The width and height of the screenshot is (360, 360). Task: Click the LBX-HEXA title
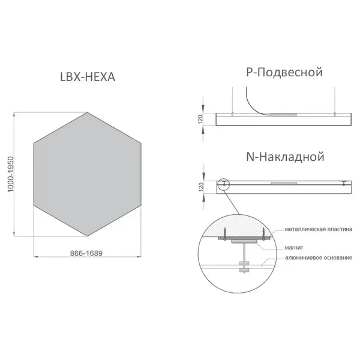88,77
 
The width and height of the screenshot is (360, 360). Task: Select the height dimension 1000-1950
11,174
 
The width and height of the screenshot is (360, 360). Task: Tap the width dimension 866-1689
86,253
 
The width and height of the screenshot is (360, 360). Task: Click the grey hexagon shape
88,174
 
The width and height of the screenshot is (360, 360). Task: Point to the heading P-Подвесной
284,73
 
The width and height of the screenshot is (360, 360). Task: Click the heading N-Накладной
285,157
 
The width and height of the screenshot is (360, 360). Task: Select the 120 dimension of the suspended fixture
200,119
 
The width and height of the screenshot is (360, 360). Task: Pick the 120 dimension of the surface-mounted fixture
202,187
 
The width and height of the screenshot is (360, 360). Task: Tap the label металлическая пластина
319,229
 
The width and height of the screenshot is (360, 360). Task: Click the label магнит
294,247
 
